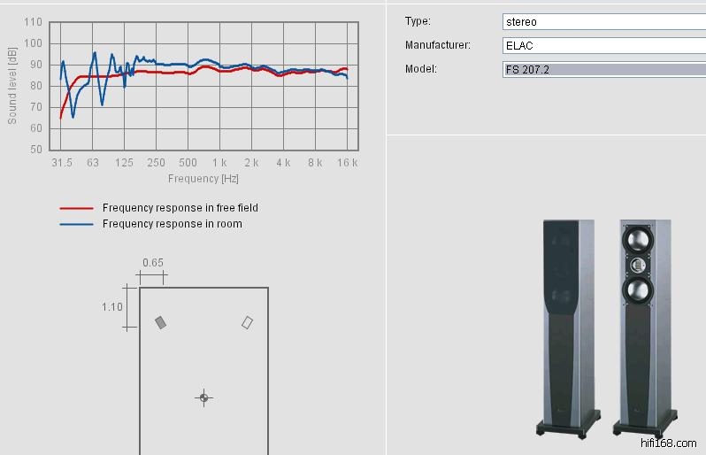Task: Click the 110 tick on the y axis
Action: tap(33, 22)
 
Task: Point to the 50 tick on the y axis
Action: tap(36, 149)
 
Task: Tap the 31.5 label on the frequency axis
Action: tap(62, 163)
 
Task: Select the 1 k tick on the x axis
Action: tap(219, 163)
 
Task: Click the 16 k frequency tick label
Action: tap(347, 163)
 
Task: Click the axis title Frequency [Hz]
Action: tap(203, 179)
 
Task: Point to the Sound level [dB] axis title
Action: tap(12, 86)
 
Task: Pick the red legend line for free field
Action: tap(77, 208)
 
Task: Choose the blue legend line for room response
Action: tap(77, 224)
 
